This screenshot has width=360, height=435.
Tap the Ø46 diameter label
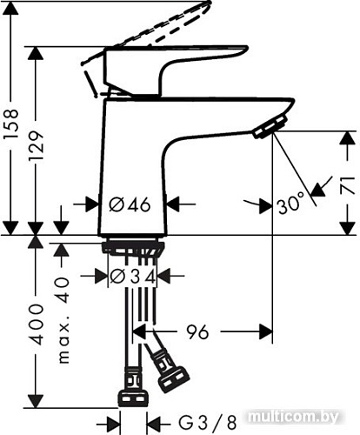point(130,204)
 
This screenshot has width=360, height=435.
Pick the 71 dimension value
point(347,184)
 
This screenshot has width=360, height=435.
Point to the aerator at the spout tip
point(265,130)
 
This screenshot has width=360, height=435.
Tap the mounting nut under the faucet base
point(132,249)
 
